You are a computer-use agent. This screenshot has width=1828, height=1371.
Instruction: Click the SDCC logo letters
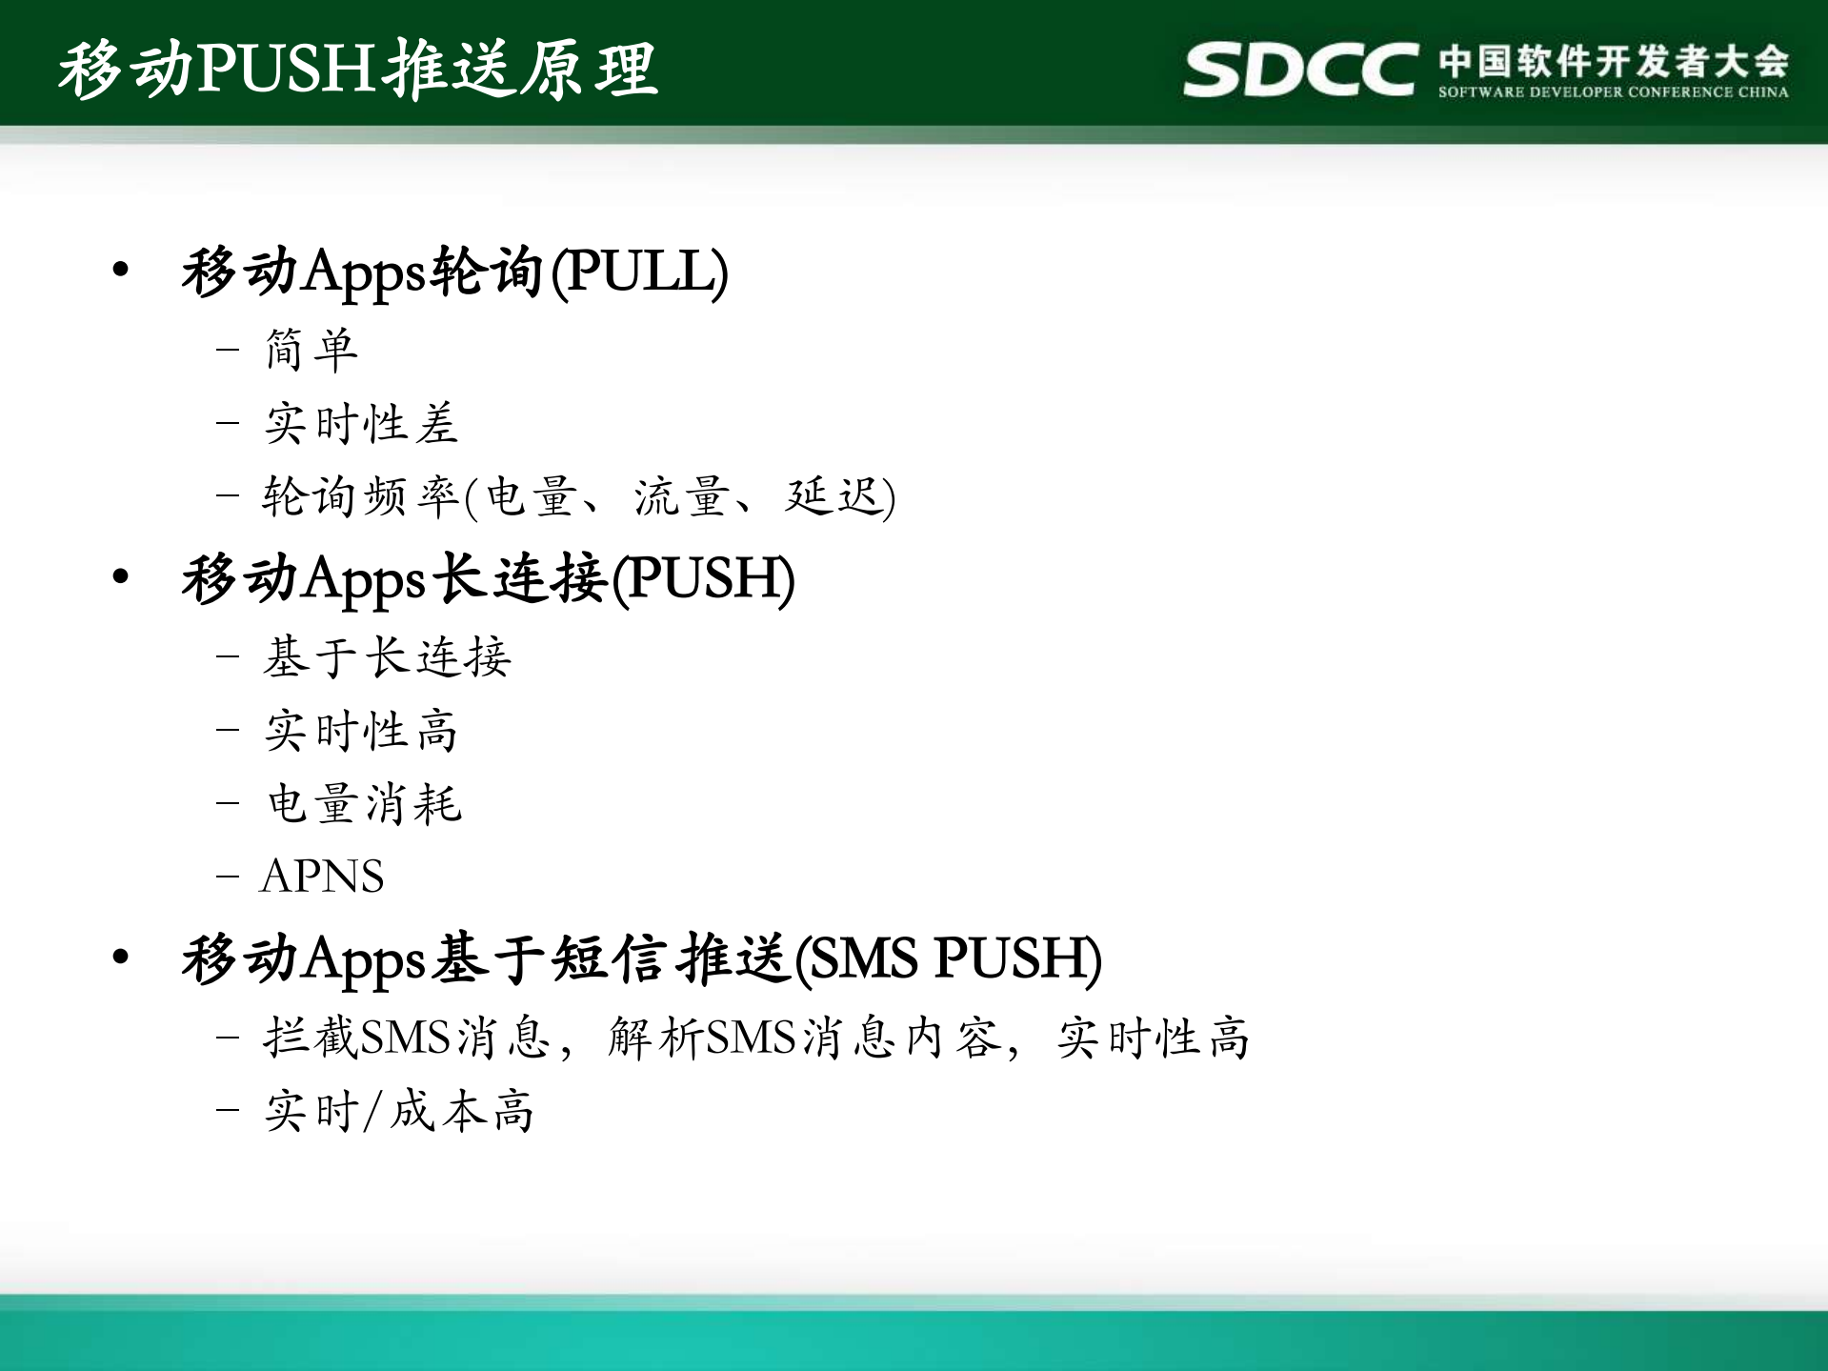click(x=1299, y=69)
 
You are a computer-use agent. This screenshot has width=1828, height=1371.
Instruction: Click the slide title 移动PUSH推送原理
click(x=358, y=69)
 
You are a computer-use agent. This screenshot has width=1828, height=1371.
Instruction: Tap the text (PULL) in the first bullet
click(x=640, y=272)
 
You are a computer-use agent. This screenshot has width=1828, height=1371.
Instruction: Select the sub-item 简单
click(x=311, y=350)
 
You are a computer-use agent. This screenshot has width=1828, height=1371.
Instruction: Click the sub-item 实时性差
click(x=361, y=423)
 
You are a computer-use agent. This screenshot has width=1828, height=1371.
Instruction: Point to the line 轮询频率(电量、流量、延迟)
click(x=578, y=496)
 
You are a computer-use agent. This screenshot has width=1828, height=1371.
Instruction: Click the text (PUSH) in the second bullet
click(x=703, y=578)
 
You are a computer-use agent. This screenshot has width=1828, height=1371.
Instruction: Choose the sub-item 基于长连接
click(x=387, y=657)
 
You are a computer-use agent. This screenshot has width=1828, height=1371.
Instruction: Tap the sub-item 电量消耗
click(x=364, y=803)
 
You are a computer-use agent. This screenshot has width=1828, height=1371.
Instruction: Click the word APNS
click(x=322, y=876)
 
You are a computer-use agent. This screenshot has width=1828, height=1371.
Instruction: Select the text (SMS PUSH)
click(x=948, y=958)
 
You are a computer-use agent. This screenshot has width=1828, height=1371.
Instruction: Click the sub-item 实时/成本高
click(x=399, y=1111)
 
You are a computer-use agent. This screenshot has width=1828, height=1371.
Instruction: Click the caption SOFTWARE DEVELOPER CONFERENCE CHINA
click(x=1614, y=92)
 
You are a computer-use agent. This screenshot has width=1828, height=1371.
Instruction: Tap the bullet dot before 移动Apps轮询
click(x=120, y=271)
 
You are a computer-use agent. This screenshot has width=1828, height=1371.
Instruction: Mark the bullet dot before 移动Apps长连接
click(x=120, y=576)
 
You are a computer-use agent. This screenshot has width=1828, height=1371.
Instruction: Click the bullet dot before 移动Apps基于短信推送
click(x=120, y=957)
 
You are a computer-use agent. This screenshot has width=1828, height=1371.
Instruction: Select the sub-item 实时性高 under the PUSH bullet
click(x=361, y=731)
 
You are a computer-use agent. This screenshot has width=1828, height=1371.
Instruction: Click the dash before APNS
click(x=227, y=876)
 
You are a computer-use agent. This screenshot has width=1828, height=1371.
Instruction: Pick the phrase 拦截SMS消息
click(x=407, y=1038)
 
